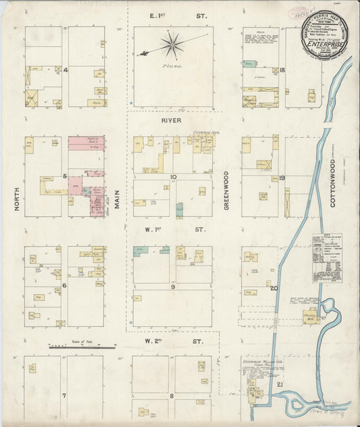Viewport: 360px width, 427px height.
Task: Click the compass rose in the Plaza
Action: point(173,45)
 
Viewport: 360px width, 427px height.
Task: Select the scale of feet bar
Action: point(82,346)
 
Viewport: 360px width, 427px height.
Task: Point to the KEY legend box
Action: point(327,257)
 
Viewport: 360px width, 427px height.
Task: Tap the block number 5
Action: point(64,176)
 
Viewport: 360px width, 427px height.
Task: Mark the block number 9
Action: point(173,286)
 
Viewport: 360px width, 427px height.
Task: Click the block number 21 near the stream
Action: point(280,384)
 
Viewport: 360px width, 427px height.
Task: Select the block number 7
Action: point(64,395)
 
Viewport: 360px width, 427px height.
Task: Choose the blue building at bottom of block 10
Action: point(179,209)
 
